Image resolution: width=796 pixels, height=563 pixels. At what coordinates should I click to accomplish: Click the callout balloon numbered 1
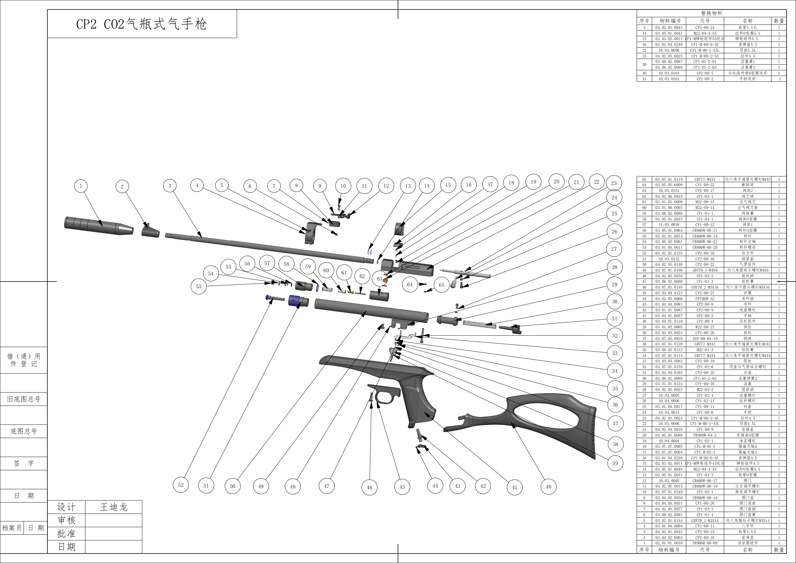point(81,186)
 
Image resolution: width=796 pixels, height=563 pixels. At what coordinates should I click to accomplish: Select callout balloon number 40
point(548,487)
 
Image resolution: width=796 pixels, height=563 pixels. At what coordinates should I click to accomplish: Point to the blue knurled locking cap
point(295,300)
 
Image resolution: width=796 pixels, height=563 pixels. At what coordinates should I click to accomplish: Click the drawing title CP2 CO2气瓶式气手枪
point(141,24)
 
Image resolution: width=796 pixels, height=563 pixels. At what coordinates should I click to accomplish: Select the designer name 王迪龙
point(114,507)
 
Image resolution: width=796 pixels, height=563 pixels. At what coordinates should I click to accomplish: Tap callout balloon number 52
point(181,485)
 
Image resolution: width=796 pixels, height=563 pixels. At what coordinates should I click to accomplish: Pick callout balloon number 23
point(614,183)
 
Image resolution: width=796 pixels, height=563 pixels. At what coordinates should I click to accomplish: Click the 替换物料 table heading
point(711,13)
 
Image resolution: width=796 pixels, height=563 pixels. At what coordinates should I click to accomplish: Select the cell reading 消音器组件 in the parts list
point(748,543)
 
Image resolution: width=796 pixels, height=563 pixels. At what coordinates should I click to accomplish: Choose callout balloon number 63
point(379,279)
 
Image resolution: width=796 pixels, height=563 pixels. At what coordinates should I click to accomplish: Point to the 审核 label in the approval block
point(66,520)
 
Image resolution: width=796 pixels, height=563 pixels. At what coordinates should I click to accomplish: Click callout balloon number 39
point(615,463)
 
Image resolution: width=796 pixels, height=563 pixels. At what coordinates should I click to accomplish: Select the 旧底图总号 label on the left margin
point(23,399)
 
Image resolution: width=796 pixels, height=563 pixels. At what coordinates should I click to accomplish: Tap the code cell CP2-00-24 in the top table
point(705,27)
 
